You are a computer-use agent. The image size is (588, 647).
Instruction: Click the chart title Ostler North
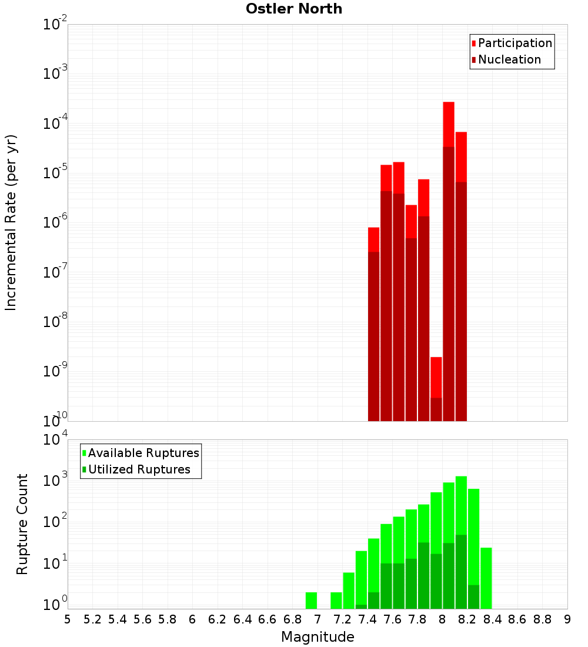coord(293,9)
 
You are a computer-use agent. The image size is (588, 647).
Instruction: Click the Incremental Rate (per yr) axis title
coord(11,222)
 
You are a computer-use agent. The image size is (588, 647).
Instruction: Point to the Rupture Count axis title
coord(22,523)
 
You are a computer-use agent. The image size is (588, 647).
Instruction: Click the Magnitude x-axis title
coord(318,637)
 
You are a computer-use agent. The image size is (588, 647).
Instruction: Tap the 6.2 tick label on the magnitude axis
coord(218,619)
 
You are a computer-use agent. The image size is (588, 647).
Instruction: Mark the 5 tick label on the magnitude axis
coord(68,619)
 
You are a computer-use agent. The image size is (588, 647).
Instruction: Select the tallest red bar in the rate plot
coord(449,261)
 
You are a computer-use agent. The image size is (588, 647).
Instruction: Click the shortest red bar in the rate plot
coord(436,388)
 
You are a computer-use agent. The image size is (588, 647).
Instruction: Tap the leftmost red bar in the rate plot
coord(373,323)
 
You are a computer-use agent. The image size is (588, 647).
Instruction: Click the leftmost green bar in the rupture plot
coord(311,600)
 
